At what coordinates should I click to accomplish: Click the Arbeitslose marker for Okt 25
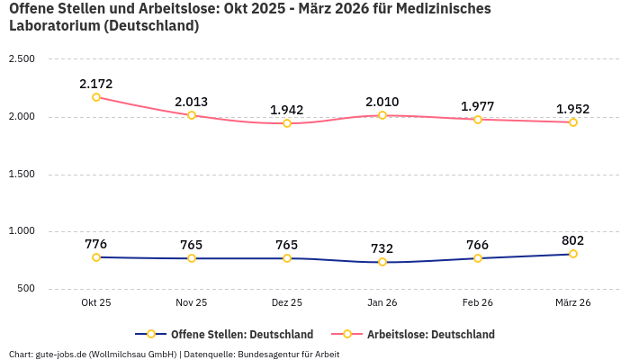(x=96, y=97)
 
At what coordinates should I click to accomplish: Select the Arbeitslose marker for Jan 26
(x=382, y=115)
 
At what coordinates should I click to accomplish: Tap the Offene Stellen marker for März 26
(x=573, y=254)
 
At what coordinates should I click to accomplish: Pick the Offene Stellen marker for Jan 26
(x=382, y=262)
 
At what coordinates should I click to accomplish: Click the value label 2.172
(x=96, y=84)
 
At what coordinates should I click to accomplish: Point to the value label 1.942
(x=287, y=110)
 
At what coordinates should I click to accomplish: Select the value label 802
(x=573, y=240)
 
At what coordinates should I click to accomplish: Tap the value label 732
(x=382, y=248)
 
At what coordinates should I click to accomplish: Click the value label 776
(x=96, y=244)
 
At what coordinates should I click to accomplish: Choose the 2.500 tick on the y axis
(x=22, y=59)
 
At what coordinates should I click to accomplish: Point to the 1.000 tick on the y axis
(x=22, y=231)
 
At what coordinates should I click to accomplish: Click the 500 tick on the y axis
(x=25, y=289)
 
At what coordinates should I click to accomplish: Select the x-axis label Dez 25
(x=287, y=303)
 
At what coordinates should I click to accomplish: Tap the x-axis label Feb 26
(x=478, y=303)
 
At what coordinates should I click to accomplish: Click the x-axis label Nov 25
(x=192, y=303)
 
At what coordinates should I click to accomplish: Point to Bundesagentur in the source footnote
(x=269, y=354)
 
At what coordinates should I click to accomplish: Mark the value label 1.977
(x=478, y=106)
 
